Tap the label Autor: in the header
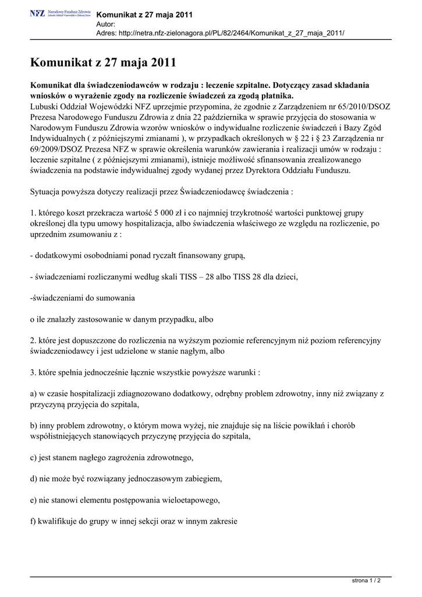click(106, 24)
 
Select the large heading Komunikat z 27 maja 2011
click(102, 62)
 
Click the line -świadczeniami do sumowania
click(82, 298)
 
